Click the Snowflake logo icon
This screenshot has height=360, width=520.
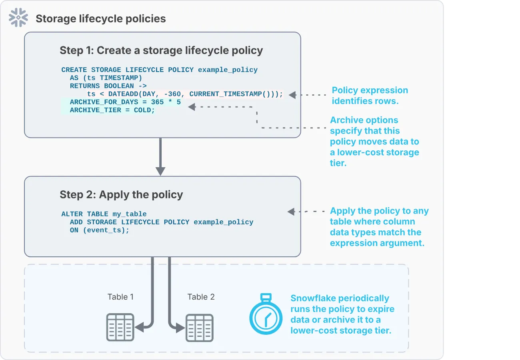(18, 18)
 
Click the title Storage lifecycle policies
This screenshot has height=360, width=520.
(100, 19)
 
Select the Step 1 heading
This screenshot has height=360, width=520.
(161, 50)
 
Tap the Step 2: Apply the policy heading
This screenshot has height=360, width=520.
(121, 195)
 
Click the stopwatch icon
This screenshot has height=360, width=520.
(266, 314)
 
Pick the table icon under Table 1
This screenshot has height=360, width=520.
(120, 327)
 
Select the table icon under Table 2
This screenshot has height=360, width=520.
(200, 328)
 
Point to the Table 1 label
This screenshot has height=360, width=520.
(120, 297)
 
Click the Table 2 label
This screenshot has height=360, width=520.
(201, 297)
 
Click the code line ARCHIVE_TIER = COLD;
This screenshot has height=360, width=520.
(112, 110)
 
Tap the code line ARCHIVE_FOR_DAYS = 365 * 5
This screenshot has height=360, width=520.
(125, 102)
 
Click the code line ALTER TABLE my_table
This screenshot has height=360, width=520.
(104, 214)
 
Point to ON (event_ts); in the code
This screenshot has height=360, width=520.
(100, 230)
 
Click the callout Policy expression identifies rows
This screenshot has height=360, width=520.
(370, 96)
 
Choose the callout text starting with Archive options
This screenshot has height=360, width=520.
(374, 142)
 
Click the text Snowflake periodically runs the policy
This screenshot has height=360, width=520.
(342, 314)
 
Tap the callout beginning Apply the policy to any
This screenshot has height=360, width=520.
(379, 227)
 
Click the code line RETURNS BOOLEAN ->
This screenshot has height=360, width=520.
(108, 86)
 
